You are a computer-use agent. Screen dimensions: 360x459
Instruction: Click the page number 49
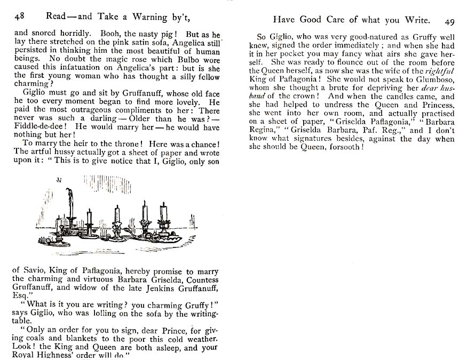[448, 21]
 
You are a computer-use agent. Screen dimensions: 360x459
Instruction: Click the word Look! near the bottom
[23, 347]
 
